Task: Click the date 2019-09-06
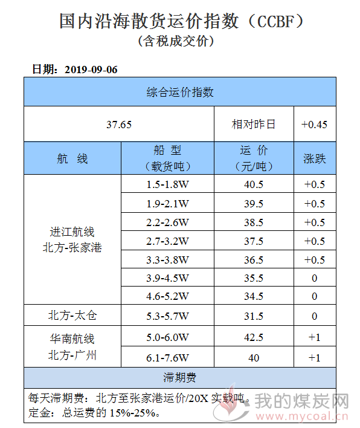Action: coord(91,70)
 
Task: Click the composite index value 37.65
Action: coord(119,125)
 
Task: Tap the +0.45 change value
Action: coord(314,125)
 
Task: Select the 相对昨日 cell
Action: coord(253,125)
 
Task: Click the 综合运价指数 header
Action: coord(180,92)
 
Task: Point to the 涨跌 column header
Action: coord(315,158)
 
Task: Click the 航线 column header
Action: coord(72,158)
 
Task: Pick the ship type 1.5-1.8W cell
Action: coord(167,184)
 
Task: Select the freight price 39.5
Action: coord(254,204)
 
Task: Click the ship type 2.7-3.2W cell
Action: coord(167,241)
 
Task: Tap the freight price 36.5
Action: coord(254,260)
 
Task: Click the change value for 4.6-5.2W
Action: coord(315,296)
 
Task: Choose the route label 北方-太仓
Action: coord(72,316)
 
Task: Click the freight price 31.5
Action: coord(254,316)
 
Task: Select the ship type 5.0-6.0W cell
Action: coord(167,337)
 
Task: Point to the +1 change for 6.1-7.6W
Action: coord(314,358)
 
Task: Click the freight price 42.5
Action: coord(254,337)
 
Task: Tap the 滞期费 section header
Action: coord(180,378)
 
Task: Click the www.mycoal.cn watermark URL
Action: coord(301,417)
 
